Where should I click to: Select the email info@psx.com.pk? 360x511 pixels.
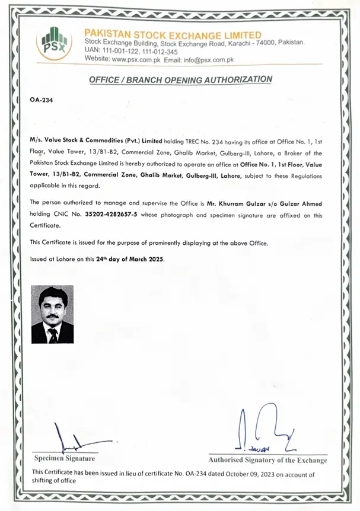pos(212,59)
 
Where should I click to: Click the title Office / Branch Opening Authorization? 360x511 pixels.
pos(180,79)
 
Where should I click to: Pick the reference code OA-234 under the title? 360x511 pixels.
pos(41,100)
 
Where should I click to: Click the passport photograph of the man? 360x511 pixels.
pos(52,314)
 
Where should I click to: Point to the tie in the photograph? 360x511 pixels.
pos(53,336)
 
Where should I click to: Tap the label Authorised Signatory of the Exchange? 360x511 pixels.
pos(267,460)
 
